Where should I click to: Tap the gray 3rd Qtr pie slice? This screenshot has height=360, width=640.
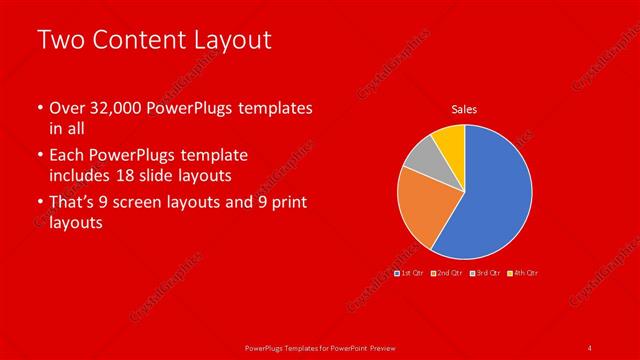pyautogui.click(x=421, y=154)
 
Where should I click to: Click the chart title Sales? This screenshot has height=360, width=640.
pyautogui.click(x=465, y=109)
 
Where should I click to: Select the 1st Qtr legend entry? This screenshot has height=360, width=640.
pyautogui.click(x=410, y=273)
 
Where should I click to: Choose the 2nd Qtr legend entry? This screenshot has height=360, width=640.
pyautogui.click(x=446, y=273)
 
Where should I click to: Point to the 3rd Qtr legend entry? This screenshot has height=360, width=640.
pyautogui.click(x=484, y=273)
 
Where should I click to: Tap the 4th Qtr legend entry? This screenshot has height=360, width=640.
pyautogui.click(x=522, y=273)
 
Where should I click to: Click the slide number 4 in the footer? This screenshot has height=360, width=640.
pyautogui.click(x=590, y=347)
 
